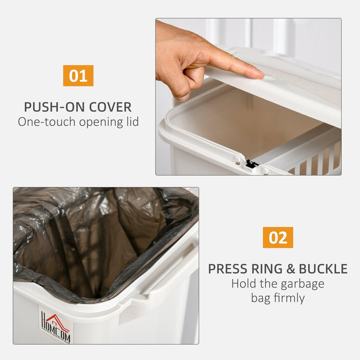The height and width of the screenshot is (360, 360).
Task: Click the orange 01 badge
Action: click(x=78, y=76)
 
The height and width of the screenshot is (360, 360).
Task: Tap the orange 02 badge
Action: click(x=278, y=238)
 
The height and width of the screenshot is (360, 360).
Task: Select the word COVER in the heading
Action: click(x=110, y=107)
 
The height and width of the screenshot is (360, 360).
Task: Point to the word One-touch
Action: click(x=47, y=121)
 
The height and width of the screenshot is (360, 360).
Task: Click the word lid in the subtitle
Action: click(x=133, y=121)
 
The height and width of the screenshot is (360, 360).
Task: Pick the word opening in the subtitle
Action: click(x=101, y=122)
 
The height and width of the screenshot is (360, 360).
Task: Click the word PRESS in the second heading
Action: click(x=227, y=269)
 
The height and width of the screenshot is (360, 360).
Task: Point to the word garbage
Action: click(x=302, y=285)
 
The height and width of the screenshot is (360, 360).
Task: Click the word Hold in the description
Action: click(x=243, y=283)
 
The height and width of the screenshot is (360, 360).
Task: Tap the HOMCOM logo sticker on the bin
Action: click(x=56, y=325)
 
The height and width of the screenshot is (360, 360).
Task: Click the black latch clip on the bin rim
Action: click(x=252, y=164)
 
